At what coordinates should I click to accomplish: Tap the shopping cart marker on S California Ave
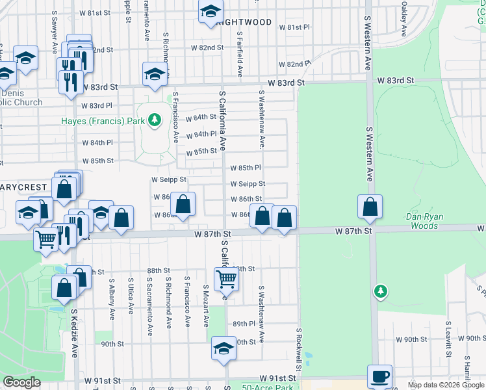coord(226,279)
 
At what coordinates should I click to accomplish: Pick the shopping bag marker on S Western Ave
coord(370,207)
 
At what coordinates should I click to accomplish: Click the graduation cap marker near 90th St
coord(224,349)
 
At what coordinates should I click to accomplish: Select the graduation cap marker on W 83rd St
coord(155,74)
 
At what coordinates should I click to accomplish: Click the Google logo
coord(21,382)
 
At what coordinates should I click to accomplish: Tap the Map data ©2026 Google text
coord(446,385)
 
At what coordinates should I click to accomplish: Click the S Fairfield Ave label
coord(240,55)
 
